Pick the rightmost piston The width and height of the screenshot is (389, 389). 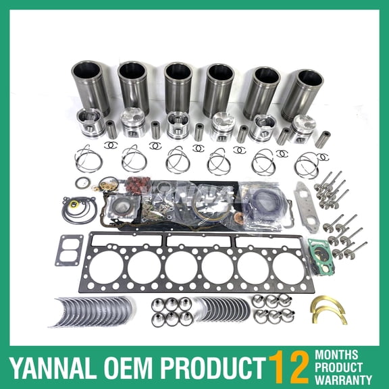pyautogui.click(x=303, y=128)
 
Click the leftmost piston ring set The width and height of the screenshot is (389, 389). pyautogui.click(x=88, y=159)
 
